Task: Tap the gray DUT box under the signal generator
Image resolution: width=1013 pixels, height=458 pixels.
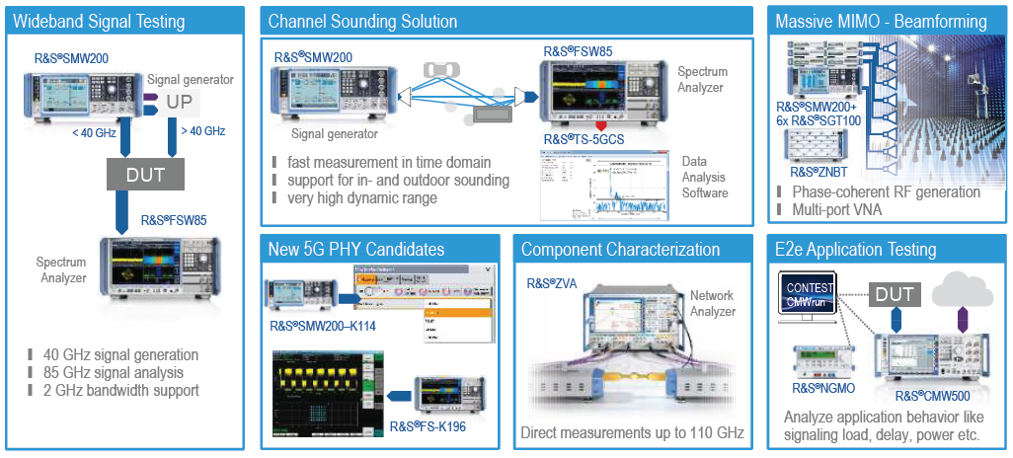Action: [x=147, y=175]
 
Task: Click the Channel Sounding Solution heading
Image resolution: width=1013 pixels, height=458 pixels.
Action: [x=362, y=20]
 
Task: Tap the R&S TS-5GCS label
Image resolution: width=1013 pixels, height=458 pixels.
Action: [x=583, y=139]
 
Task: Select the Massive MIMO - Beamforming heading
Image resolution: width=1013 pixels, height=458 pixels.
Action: [x=881, y=20]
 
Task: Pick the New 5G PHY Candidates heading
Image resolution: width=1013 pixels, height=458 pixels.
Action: [x=355, y=249]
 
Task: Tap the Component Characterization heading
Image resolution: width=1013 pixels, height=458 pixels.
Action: [x=620, y=249]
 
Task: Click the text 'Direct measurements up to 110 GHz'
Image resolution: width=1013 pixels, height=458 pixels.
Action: [x=633, y=432]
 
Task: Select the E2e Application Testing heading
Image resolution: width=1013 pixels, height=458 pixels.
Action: [x=855, y=249]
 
